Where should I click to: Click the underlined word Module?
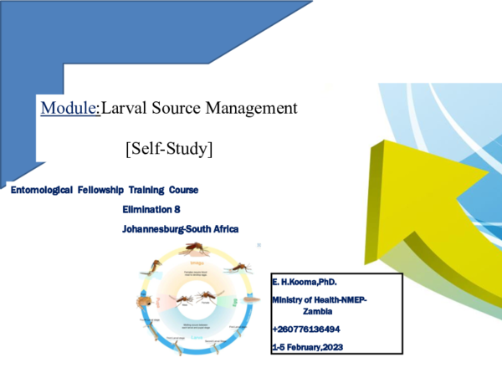[70, 108]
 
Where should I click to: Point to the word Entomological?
[39, 191]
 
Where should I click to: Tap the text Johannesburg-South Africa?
[181, 228]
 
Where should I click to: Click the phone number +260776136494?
[305, 330]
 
